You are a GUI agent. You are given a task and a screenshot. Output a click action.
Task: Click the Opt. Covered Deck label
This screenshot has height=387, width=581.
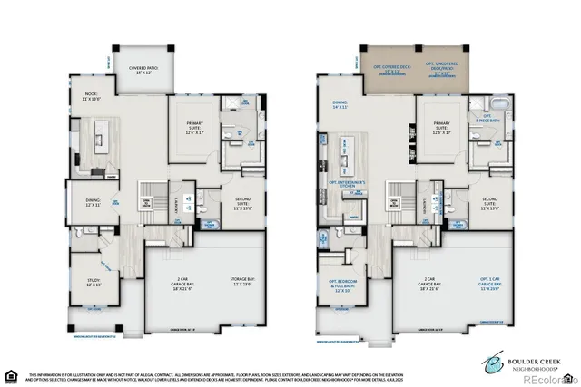(x=391, y=67)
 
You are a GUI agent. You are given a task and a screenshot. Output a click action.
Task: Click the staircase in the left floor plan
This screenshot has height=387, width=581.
(x=146, y=194)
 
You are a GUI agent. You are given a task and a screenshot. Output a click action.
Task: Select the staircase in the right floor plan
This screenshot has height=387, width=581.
(x=396, y=194)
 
